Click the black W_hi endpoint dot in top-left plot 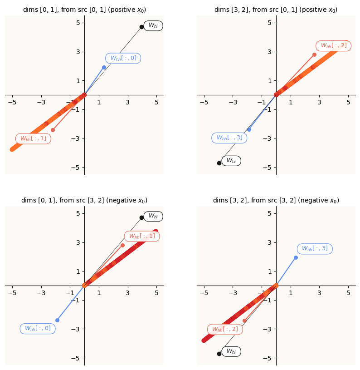coord(141,27)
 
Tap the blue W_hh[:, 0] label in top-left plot coord(123,58)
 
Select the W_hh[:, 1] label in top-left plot coord(33,138)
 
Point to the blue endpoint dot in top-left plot coord(104,68)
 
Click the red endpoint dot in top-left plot coord(53,130)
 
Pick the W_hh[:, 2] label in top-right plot coord(333,46)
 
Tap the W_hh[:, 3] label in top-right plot coord(229,138)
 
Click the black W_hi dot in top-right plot coord(219,163)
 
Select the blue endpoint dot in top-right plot coord(249,129)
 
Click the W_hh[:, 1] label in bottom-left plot coord(142,236)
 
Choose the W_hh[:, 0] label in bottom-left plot coord(38,329)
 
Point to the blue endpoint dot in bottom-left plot coord(57,320)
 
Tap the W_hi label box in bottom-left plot coord(153,217)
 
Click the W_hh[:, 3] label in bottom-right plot coord(315,249)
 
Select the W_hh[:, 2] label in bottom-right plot coord(225,330)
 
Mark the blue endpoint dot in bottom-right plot coord(296,258)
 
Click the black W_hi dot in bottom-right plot coord(219,354)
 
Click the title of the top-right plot coord(276,10)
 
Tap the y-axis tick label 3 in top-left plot coord(78,52)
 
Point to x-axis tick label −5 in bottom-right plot coord(204,293)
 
